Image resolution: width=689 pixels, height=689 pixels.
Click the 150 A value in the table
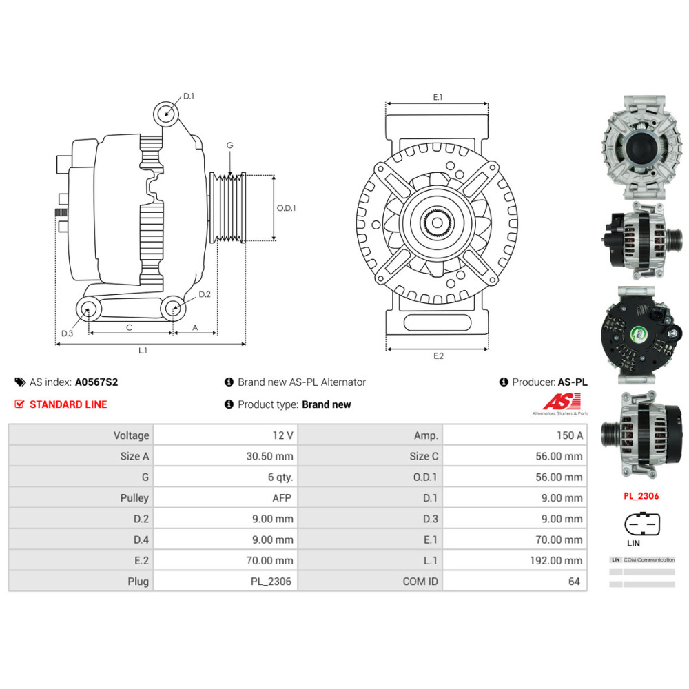(x=569, y=435)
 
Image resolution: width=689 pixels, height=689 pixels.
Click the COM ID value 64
(x=574, y=582)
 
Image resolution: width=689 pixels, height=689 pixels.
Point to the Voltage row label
(x=131, y=435)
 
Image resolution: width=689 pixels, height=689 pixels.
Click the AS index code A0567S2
(x=92, y=382)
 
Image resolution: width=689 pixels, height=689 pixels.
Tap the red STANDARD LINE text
(x=68, y=404)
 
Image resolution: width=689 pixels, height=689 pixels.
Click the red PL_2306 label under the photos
(x=641, y=495)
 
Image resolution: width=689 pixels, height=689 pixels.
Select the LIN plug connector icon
(x=641, y=524)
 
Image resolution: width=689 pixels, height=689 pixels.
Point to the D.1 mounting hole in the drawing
(x=166, y=112)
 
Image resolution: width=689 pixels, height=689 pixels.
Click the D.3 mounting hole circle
(x=88, y=309)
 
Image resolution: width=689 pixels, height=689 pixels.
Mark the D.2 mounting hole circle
(x=174, y=309)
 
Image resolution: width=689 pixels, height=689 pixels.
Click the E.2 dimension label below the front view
(x=438, y=356)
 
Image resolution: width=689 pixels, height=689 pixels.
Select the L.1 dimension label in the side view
(x=143, y=351)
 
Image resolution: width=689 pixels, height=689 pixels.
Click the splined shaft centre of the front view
(x=437, y=223)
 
